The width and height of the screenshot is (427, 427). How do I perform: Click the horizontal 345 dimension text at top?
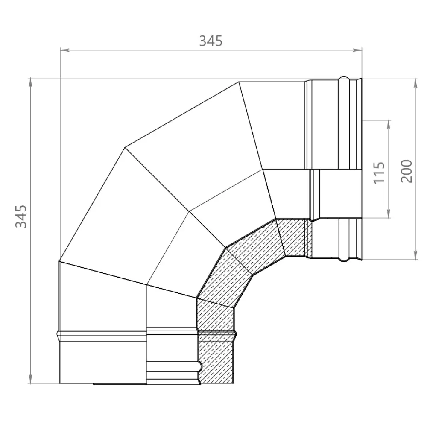pos(211,41)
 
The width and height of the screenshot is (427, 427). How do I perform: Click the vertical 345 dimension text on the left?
pos(22,216)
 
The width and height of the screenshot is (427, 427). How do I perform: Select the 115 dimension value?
pos(379,172)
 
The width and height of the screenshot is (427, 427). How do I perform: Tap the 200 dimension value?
pos(407,171)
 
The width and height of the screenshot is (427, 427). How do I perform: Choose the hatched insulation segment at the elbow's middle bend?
pos(239,269)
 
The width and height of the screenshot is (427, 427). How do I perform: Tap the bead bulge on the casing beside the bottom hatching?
pos(234,332)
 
